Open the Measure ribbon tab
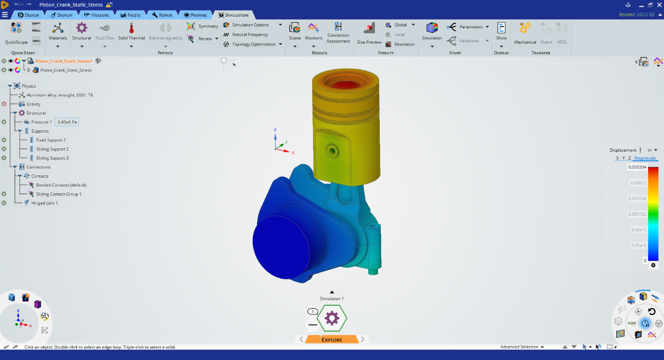(96, 15)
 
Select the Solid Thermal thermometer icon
(131, 28)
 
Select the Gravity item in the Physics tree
(33, 104)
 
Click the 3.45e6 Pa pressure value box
(67, 122)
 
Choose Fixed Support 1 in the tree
(51, 140)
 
